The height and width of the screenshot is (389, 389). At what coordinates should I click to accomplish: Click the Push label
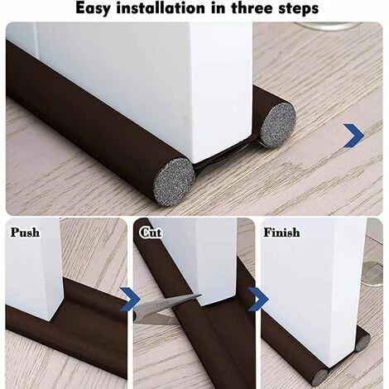point(25,233)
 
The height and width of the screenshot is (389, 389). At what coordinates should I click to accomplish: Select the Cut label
point(150,233)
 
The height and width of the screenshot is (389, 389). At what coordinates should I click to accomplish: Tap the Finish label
point(281,233)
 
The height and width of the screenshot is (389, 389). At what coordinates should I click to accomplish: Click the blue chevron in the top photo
point(354,134)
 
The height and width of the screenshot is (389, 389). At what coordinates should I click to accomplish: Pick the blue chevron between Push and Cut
point(128,296)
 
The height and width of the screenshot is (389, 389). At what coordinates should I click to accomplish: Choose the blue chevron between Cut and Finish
point(257,298)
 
